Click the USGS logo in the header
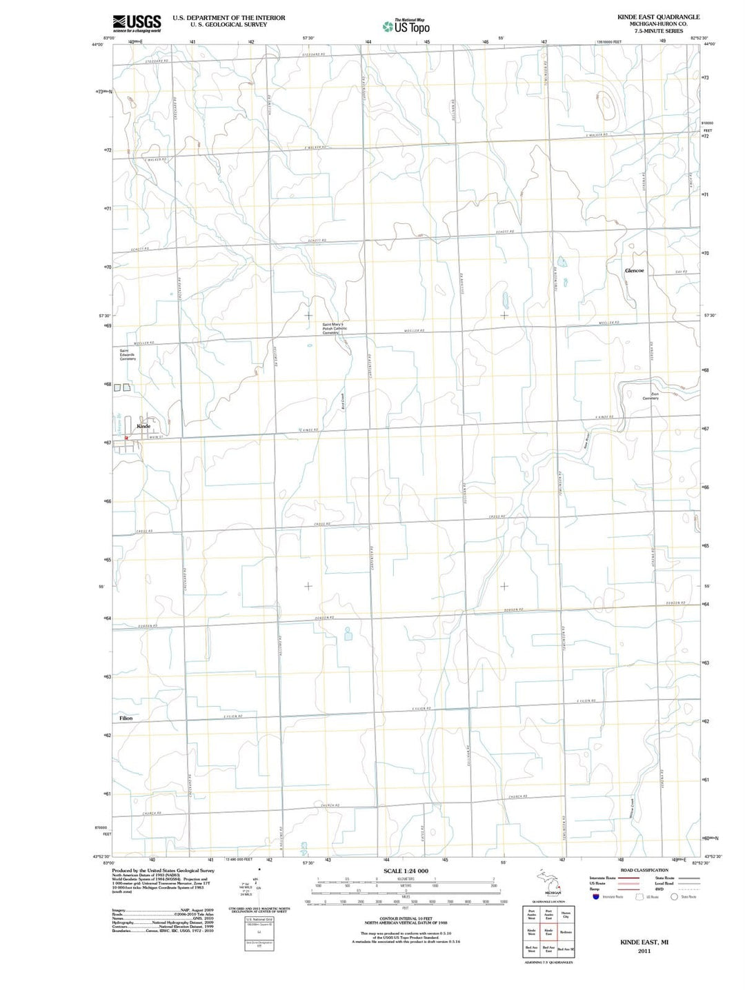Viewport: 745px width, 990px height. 137,23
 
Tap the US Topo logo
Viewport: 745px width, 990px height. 406,26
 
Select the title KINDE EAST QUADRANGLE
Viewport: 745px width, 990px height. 658,17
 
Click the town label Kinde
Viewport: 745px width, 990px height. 143,426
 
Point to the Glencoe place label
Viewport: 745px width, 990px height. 634,270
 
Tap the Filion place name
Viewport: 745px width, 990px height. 126,718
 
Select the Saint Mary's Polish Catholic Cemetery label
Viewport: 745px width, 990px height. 335,328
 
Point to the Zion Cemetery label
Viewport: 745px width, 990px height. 650,396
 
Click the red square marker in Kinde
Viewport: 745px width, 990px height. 127,438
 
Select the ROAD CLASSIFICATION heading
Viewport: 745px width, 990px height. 644,870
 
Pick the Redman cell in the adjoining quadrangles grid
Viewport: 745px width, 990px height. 566,932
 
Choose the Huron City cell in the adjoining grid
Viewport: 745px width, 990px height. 566,914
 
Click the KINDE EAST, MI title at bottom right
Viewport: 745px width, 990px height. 644,942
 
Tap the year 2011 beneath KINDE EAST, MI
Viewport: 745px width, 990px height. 644,951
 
